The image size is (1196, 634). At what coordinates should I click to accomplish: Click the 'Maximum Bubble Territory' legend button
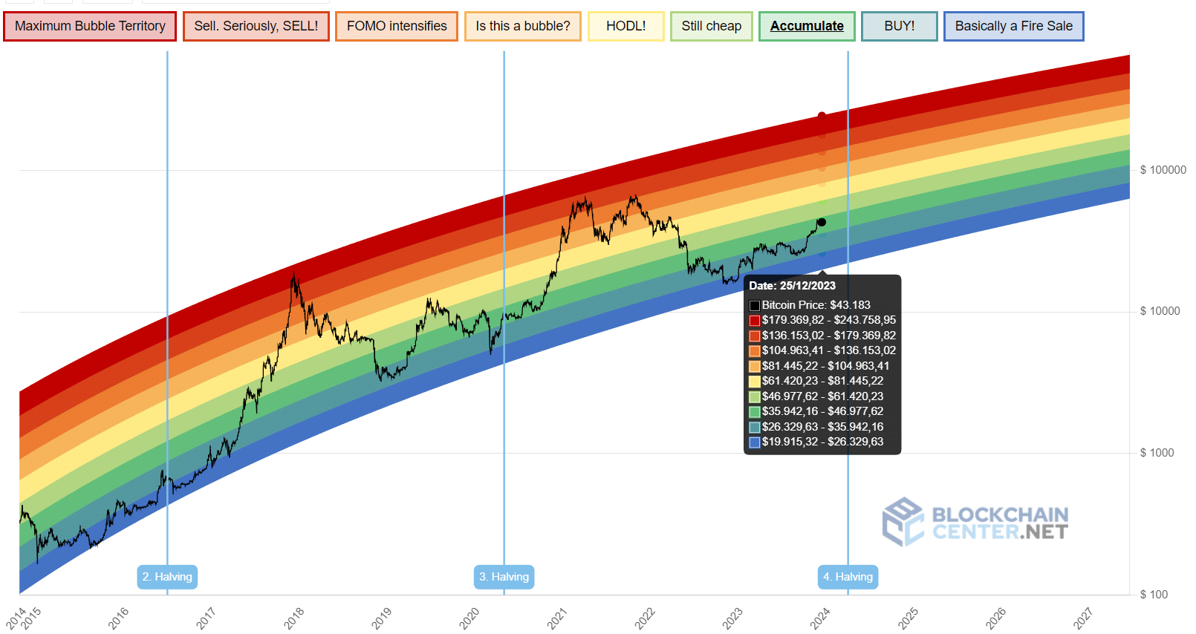point(90,26)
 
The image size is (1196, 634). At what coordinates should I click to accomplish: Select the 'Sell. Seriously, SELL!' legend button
point(256,26)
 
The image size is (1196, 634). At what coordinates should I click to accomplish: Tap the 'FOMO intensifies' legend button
point(396,26)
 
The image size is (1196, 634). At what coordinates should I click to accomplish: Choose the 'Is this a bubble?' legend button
point(522,26)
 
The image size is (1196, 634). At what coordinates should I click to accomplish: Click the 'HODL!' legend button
point(625,26)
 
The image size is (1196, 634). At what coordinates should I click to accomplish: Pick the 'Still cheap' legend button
point(711,26)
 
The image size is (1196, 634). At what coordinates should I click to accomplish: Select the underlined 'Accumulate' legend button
point(807,26)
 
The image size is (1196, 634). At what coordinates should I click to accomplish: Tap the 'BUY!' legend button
point(899,26)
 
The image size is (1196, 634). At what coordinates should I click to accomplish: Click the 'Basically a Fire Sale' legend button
point(1013,26)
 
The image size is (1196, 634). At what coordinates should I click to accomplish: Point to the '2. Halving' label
point(167,577)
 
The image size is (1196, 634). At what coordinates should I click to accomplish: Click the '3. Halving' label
point(504,577)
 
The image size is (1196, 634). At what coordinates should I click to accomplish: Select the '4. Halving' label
point(848,577)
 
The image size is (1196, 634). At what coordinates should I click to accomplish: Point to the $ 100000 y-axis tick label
point(1163,170)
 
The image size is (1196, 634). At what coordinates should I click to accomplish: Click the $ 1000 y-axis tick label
point(1157,453)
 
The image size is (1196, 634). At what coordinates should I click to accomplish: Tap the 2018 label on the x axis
point(294,618)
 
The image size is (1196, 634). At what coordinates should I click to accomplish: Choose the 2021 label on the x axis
point(557,618)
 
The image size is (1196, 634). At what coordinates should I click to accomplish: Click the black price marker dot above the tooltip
point(822,222)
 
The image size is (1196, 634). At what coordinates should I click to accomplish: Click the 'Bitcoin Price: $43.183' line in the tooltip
point(815,305)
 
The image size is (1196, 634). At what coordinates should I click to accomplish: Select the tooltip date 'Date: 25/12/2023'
point(792,286)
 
